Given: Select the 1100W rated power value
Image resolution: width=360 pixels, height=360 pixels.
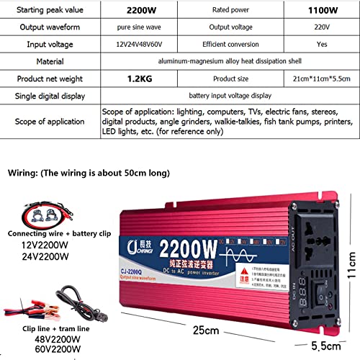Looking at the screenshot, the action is pyautogui.click(x=320, y=11).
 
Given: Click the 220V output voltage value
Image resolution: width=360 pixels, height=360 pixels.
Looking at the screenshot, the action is pyautogui.click(x=320, y=28).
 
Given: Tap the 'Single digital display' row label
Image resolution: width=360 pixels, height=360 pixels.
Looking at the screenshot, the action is pyautogui.click(x=54, y=95).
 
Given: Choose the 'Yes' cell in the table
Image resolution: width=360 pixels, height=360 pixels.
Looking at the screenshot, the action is pyautogui.click(x=320, y=45).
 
